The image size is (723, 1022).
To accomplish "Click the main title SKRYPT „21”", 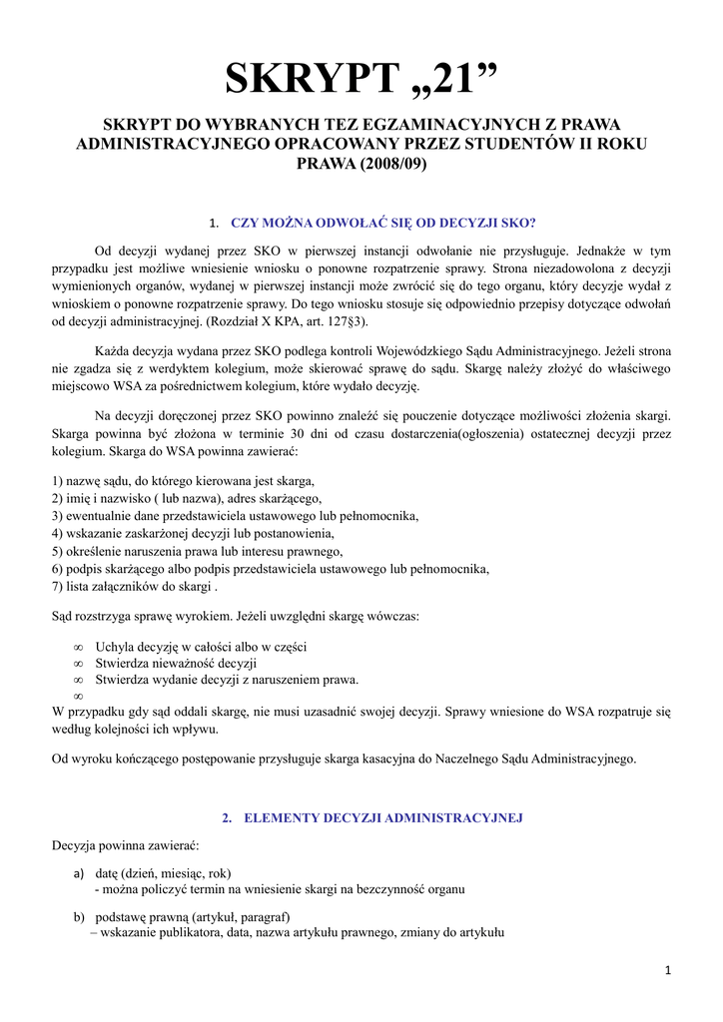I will [361, 79].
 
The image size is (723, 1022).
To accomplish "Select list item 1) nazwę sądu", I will [183, 480].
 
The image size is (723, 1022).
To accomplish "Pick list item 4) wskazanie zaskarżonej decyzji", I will [193, 533].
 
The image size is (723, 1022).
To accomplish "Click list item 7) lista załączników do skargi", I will [134, 587].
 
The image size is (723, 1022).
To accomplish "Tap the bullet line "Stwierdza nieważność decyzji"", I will [176, 663].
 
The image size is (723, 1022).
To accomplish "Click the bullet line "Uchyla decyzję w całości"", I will [201, 646].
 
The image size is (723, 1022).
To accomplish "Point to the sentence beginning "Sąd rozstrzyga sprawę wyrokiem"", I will [236, 616].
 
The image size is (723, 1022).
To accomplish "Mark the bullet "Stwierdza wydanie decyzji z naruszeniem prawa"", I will [226, 680].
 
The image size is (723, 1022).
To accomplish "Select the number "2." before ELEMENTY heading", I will [227, 817].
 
